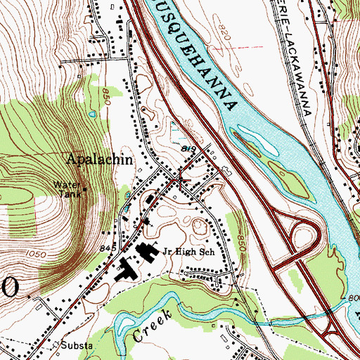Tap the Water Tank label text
click(x=67, y=188)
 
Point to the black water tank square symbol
click(x=86, y=189)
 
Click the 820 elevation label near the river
click(x=224, y=34)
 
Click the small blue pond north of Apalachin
click(x=91, y=113)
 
